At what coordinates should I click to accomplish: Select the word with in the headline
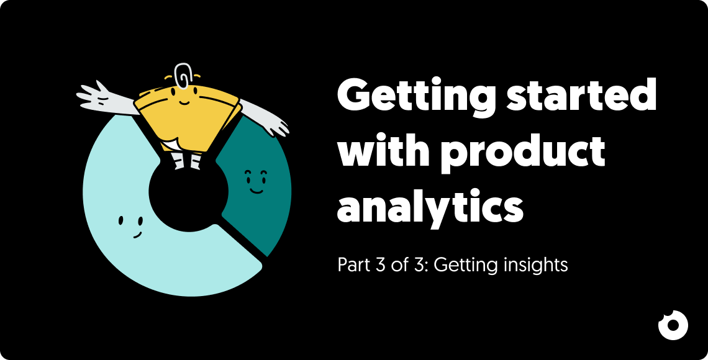click(x=383, y=151)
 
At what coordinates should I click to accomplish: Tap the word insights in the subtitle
click(x=535, y=266)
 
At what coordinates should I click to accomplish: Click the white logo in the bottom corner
click(x=673, y=325)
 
